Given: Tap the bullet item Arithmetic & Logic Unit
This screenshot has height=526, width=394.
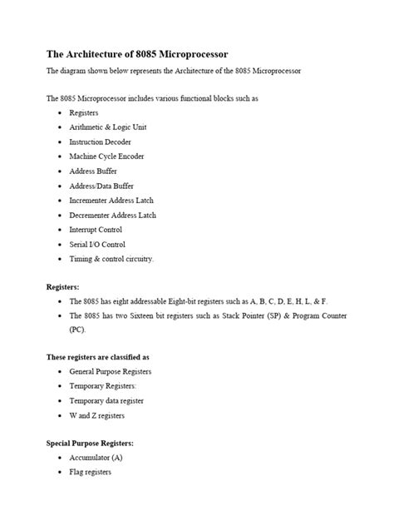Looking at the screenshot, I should click(107, 127).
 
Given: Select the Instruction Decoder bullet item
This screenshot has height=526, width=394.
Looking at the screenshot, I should click(100, 142).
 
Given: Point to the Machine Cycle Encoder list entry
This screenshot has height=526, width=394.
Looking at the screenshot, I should click(105, 156).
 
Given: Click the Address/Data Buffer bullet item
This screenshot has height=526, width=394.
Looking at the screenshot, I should click(101, 186).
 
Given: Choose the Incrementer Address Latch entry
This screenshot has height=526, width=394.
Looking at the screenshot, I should click(111, 201).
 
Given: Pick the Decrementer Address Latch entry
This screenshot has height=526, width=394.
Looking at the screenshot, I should click(112, 215).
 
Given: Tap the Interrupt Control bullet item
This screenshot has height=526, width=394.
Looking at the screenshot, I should click(96, 230).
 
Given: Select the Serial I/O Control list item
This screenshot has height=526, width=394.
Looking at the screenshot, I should click(97, 244).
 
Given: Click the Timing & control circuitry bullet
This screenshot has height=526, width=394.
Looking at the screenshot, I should click(111, 259).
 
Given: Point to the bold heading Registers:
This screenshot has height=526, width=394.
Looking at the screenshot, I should click(63, 286).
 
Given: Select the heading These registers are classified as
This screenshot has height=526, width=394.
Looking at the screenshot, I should click(98, 357).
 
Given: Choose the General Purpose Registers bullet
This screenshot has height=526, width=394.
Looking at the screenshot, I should click(110, 371).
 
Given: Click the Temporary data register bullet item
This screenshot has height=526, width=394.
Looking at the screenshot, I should click(106, 400).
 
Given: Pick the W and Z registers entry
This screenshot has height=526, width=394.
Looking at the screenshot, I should click(96, 415).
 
